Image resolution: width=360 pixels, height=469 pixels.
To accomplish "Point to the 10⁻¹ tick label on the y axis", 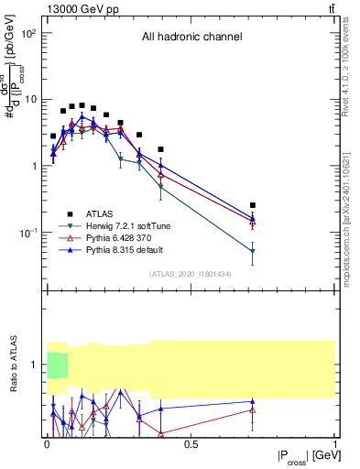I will (27, 233).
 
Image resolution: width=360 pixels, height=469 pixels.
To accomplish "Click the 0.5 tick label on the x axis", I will (191, 445).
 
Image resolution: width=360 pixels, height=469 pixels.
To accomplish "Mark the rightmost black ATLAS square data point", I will (253, 205).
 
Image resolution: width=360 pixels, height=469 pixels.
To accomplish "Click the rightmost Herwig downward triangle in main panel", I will (253, 251).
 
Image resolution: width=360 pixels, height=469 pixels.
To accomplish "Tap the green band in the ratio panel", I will (58, 364).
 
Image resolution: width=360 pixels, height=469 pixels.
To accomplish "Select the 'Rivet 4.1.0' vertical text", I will (351, 73).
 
